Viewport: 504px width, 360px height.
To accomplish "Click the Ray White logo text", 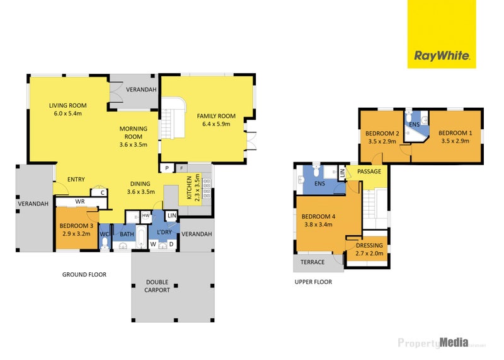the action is coord(442,56).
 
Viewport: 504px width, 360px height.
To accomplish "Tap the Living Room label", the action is coord(68,105).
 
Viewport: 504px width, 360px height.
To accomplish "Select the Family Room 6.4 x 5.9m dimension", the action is coord(216,124).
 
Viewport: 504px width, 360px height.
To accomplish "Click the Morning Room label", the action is coord(134,132).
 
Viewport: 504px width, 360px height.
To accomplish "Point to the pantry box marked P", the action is coord(167,168).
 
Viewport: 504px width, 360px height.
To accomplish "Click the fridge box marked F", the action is coord(181,168).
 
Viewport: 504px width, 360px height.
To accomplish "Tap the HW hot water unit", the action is coord(146,216).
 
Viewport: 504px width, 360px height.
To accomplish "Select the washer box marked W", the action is coord(153,244).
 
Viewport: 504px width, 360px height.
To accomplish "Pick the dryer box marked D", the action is coord(171,244).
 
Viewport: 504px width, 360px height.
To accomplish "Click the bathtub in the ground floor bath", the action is coord(141,237).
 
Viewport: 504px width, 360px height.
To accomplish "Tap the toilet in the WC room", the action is coord(105,243).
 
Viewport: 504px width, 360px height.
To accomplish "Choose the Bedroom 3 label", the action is coord(76,226).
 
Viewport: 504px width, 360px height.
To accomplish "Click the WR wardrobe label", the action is coord(80,201).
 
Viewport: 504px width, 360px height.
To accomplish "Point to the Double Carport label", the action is coord(157,286).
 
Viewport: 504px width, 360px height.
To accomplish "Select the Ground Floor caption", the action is coord(84,274).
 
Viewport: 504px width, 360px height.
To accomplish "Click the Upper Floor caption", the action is coord(313,282).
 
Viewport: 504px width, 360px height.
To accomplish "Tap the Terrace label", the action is coord(312,262).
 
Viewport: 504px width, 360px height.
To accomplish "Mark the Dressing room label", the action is coord(369,245).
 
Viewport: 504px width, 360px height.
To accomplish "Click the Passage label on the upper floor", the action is coord(369,171).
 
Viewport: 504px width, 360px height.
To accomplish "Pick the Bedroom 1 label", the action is coord(455,133).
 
